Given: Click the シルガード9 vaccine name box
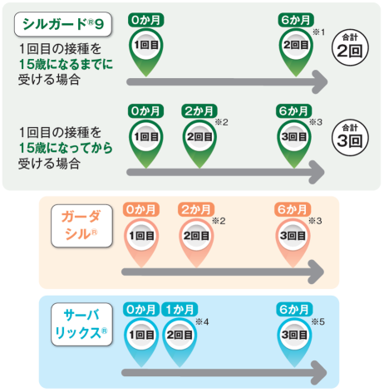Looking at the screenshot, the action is (63, 24).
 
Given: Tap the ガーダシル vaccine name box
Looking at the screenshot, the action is (81, 226).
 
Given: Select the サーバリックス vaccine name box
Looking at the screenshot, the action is (81, 324).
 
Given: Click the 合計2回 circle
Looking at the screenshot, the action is (350, 47).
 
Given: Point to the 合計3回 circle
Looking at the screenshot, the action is (350, 138).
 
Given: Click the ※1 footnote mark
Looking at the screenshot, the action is (318, 32).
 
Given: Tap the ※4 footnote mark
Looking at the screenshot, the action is (202, 321).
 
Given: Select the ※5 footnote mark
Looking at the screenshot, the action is (318, 321).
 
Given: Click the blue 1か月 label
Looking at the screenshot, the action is (180, 309).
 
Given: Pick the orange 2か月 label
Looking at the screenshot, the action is (196, 209).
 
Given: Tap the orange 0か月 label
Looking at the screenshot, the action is (141, 209).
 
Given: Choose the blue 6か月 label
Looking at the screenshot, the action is (294, 309).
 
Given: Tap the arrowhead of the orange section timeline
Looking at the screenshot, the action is (318, 272).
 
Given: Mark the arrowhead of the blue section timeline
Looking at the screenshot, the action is (319, 373).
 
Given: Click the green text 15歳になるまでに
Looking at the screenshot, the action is (66, 64).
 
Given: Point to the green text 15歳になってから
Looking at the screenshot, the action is (66, 148).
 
